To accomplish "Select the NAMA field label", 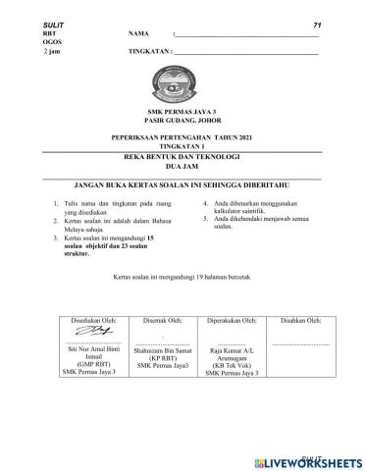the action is [140, 34].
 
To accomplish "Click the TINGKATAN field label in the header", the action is [150, 52].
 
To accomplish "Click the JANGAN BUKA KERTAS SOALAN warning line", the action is [182, 183].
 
